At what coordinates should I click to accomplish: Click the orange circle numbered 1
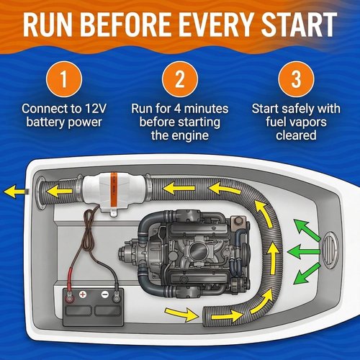(x=64, y=79)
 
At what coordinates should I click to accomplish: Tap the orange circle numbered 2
(x=180, y=79)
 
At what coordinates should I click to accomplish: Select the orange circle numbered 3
(x=296, y=79)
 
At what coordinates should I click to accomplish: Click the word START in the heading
(x=299, y=24)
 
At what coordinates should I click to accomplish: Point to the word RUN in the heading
(x=48, y=24)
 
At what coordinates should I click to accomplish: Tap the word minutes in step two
(x=206, y=109)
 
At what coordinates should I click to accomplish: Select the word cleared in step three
(x=296, y=135)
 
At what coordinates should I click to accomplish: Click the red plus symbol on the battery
(x=83, y=294)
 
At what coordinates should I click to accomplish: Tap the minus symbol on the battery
(x=105, y=294)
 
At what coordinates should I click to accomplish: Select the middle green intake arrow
(x=304, y=252)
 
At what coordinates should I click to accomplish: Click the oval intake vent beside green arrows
(x=329, y=250)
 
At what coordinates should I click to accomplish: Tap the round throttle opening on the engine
(x=198, y=251)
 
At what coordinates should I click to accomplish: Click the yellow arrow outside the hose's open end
(x=181, y=314)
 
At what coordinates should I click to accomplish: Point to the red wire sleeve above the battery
(x=71, y=279)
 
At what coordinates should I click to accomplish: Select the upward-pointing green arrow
(x=307, y=230)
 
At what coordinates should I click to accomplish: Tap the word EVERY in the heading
(x=215, y=24)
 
